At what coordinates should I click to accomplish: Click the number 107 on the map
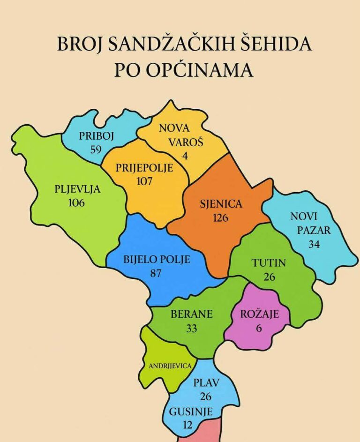143,181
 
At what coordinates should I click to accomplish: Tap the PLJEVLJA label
77,189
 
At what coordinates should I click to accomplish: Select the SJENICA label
221,204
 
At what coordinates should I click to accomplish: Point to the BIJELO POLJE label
157,259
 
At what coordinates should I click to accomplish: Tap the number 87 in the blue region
156,273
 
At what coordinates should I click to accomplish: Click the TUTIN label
269,263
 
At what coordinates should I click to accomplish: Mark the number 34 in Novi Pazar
314,244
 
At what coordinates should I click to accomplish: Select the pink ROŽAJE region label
259,314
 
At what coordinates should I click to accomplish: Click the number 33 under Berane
191,328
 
